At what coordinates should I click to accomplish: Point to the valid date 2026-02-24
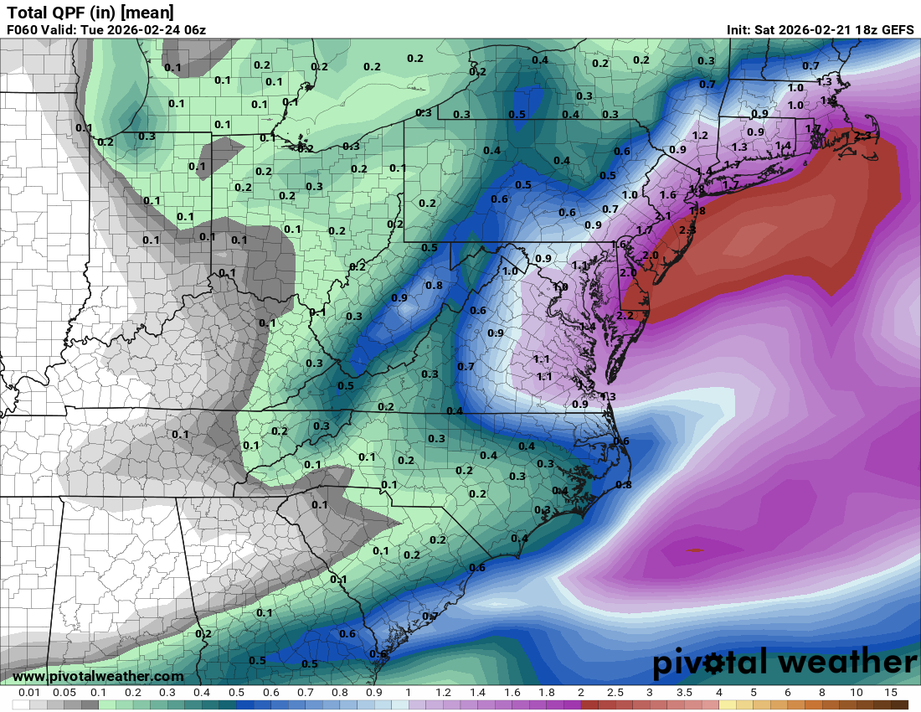[x=143, y=30]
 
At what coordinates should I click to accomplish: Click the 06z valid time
[x=193, y=30]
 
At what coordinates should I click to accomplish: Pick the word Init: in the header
[x=742, y=30]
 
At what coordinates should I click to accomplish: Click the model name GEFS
[x=896, y=30]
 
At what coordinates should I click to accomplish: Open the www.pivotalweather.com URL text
[x=98, y=676]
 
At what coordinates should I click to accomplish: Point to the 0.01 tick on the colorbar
[x=30, y=693]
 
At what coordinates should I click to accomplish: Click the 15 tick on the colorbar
[x=890, y=693]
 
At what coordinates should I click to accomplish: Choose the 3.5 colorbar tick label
[x=684, y=693]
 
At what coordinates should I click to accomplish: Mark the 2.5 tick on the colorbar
[x=615, y=693]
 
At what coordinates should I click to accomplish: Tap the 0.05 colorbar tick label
[x=64, y=693]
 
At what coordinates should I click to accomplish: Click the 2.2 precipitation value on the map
[x=625, y=315]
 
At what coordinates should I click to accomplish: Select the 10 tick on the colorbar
[x=856, y=693]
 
